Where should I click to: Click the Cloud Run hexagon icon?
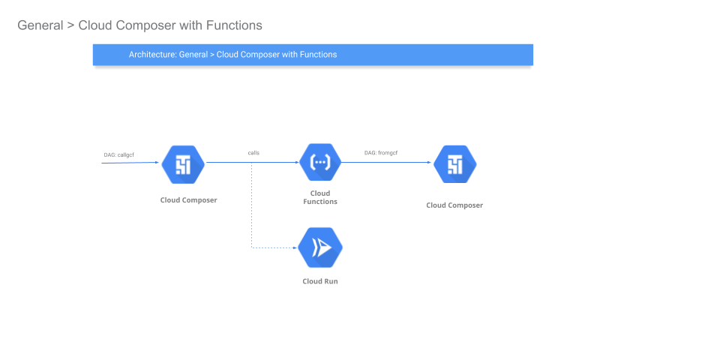pos(320,248)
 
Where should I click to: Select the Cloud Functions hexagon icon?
pos(320,162)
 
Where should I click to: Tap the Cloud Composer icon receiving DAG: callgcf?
pos(183,164)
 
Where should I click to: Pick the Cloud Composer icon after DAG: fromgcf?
pos(454,164)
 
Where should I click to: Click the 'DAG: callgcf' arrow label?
pos(119,154)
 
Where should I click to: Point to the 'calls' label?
pos(253,153)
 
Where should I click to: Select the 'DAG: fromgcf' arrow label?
pos(381,153)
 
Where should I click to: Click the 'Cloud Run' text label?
pos(320,281)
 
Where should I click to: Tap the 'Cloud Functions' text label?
pos(320,197)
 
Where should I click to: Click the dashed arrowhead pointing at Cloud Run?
pos(295,248)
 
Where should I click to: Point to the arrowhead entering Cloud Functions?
pos(297,162)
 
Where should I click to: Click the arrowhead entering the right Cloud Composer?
pos(429,162)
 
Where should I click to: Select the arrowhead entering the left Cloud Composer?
pos(157,162)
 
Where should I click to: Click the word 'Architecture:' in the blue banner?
pos(152,55)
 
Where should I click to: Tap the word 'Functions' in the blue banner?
pos(318,55)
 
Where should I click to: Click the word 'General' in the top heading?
pos(40,25)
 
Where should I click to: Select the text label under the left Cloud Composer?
pos(189,200)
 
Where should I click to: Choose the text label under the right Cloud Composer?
pos(454,205)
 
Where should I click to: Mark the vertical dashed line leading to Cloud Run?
pos(252,205)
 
